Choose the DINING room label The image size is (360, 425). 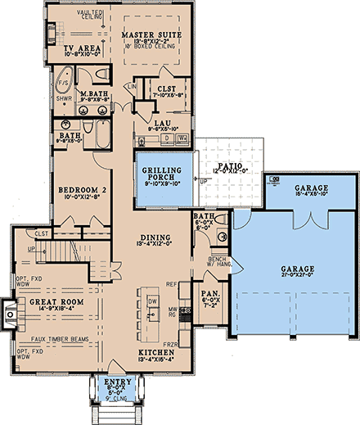pos(156,237)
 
